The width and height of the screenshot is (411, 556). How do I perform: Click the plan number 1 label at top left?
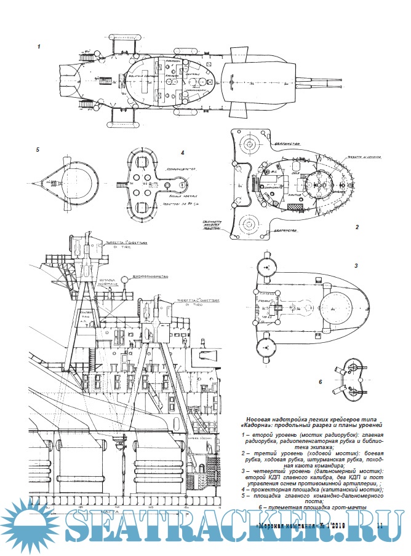(39, 46)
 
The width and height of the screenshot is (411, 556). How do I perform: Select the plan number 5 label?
(38, 149)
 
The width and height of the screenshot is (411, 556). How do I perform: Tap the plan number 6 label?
(320, 382)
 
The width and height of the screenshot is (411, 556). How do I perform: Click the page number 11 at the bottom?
(379, 525)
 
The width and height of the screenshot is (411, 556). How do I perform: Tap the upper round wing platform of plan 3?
(267, 266)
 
